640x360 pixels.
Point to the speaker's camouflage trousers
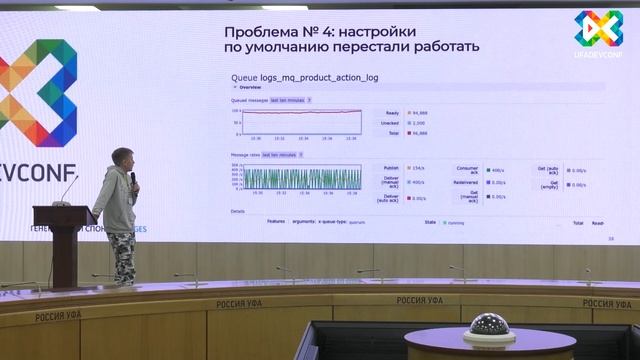click(123, 256)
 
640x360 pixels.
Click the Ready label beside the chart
click(392, 113)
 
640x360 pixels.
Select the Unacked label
click(391, 122)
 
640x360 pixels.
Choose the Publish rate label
click(391, 168)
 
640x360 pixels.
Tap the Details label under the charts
click(238, 211)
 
